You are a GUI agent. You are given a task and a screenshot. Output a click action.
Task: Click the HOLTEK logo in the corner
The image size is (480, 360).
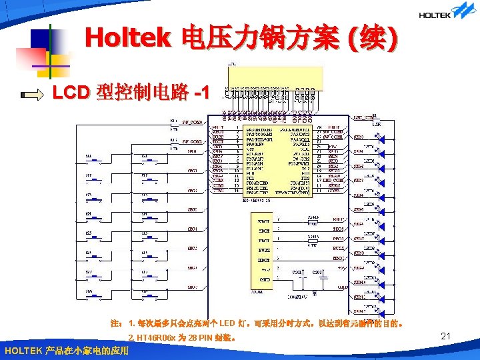point(445,13)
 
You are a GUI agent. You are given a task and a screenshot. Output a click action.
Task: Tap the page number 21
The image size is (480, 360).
point(447,338)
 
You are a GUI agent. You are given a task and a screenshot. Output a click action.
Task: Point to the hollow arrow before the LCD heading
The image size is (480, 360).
point(33,94)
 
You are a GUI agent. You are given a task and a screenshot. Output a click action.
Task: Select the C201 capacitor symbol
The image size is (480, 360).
point(297,279)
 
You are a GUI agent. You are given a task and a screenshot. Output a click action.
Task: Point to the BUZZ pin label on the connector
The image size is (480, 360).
point(264,249)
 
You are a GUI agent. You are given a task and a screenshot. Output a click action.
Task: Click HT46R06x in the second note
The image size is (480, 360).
point(155,338)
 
